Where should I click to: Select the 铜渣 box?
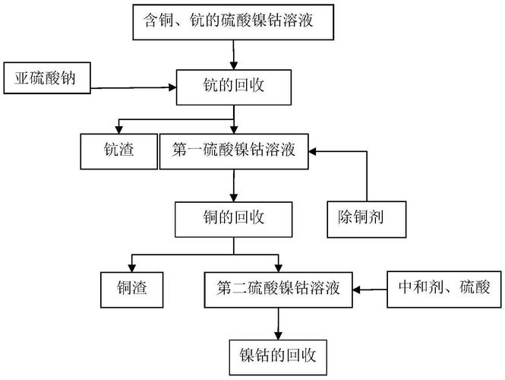(x=134, y=289)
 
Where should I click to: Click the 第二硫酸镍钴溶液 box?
(x=277, y=289)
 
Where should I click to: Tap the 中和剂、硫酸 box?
(x=443, y=289)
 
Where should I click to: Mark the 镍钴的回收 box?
(x=277, y=354)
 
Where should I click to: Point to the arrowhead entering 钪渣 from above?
(x=117, y=129)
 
